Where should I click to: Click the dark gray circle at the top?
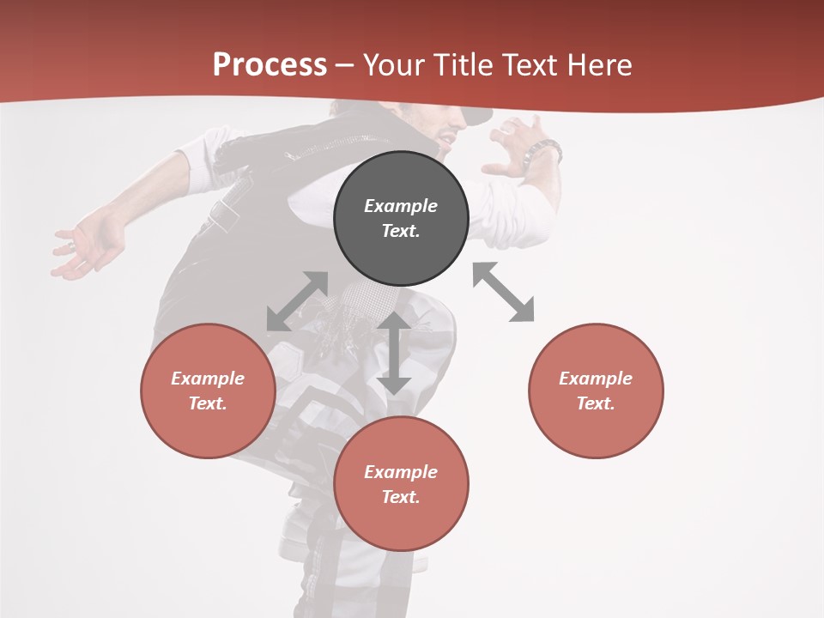point(401,218)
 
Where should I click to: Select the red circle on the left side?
point(208,391)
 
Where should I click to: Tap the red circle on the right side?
point(596,391)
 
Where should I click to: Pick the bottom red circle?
point(401,484)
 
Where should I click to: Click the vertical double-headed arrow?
point(394,353)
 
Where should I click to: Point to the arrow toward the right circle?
point(504,292)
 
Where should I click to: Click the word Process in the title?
point(270,65)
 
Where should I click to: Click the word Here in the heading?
point(600,65)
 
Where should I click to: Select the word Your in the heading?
point(392,65)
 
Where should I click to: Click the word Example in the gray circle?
point(401,206)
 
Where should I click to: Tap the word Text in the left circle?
point(208,403)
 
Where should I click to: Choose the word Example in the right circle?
point(596,379)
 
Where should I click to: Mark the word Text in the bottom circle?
point(401,497)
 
